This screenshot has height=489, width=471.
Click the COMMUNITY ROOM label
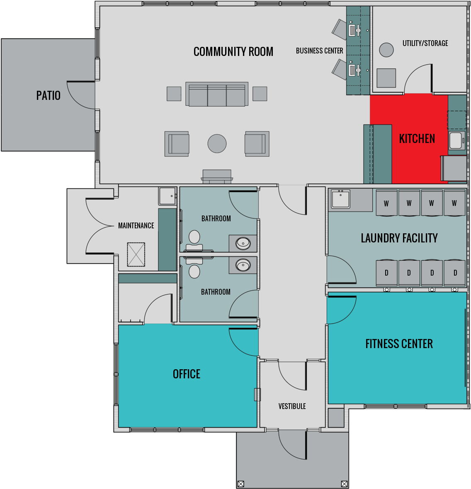(x=233, y=52)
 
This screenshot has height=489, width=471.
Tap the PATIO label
(x=49, y=96)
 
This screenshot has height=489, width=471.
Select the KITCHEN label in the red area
(x=417, y=139)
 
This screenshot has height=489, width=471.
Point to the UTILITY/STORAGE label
(x=425, y=43)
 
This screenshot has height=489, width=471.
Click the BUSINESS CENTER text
(x=319, y=51)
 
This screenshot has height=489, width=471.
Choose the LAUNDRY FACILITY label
(x=399, y=238)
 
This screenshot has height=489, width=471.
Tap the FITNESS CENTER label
(x=399, y=344)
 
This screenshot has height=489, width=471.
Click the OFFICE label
(x=187, y=374)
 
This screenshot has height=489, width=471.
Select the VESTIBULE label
(x=292, y=407)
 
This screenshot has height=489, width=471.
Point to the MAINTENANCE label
(x=136, y=226)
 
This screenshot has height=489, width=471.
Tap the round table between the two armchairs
(x=217, y=144)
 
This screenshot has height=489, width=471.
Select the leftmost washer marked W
(x=386, y=203)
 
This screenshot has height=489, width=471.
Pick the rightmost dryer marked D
(x=455, y=273)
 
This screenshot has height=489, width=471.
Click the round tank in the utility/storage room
(x=386, y=50)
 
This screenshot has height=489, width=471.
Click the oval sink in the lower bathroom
(x=243, y=264)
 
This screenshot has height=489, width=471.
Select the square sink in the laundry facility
(x=340, y=200)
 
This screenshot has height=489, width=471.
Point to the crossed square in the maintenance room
(x=136, y=254)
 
